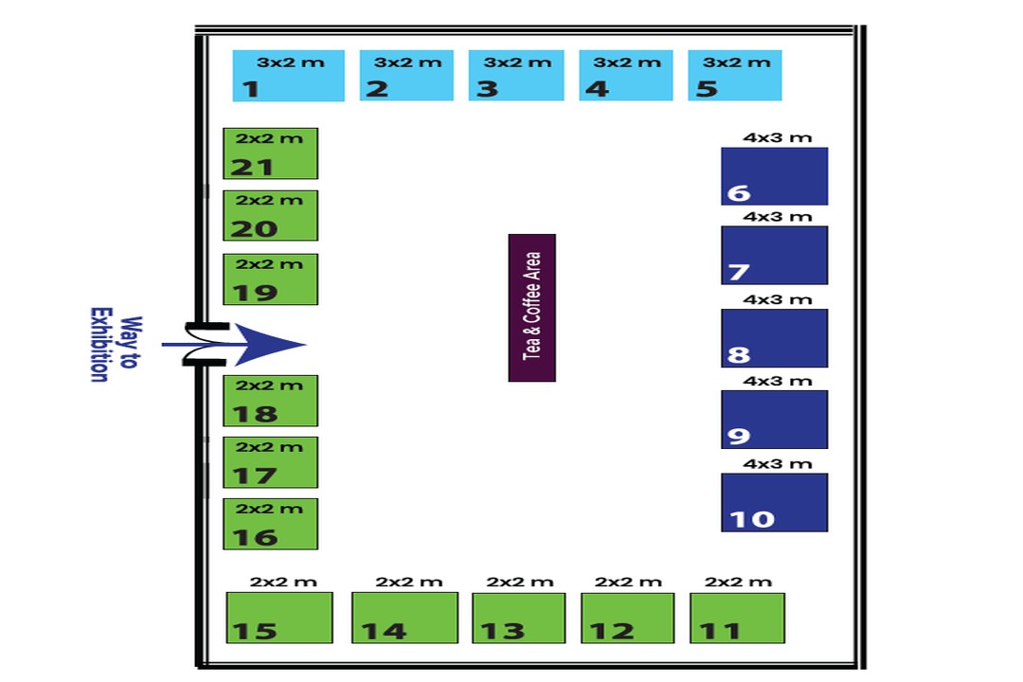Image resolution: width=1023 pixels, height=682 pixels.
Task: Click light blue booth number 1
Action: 288,76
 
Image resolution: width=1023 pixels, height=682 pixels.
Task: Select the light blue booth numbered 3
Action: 516,76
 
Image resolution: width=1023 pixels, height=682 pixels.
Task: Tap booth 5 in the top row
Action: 735,76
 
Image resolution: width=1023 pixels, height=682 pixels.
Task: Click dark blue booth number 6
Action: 775,176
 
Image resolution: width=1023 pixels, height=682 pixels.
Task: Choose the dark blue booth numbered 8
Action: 775,338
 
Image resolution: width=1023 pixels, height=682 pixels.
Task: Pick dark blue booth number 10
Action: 775,503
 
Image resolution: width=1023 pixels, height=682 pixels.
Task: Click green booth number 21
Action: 270,153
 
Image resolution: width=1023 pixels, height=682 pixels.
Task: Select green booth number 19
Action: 270,279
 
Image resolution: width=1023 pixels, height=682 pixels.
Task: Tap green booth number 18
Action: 270,401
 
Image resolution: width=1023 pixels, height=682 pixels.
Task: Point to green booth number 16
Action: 270,524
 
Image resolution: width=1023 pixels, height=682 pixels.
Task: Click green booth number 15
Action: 279,618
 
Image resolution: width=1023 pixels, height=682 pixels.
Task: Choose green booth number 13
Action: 519,618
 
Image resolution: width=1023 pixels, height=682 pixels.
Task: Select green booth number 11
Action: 737,618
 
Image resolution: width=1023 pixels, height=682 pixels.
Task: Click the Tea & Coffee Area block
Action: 531,308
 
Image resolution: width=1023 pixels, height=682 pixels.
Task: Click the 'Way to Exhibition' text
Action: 115,345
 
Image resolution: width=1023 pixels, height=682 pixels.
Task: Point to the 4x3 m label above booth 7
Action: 777,217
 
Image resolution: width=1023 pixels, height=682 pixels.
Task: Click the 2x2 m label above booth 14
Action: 408,582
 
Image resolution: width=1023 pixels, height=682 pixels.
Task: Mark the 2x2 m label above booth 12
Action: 628,582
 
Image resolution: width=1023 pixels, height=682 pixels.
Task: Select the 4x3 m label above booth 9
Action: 777,381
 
